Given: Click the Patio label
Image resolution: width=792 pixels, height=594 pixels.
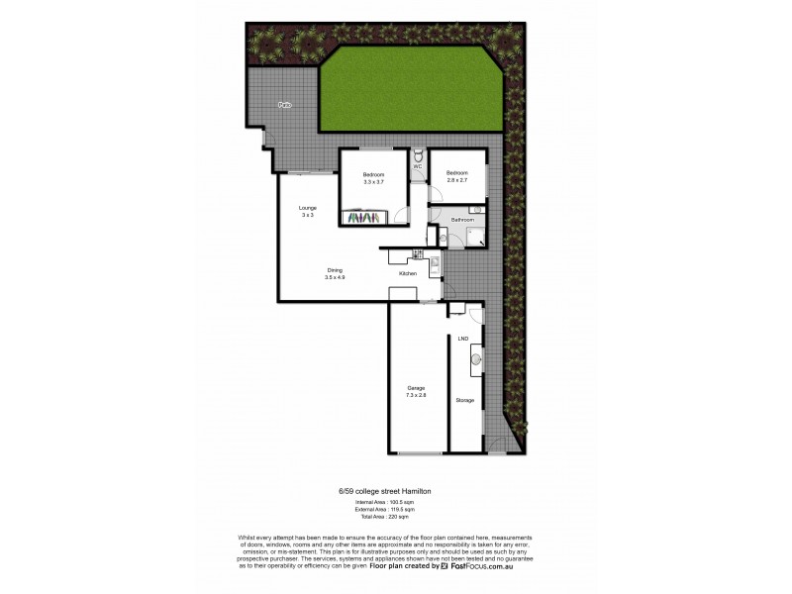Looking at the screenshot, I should [x=284, y=104].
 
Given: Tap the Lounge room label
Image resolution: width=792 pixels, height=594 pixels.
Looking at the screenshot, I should [x=308, y=208].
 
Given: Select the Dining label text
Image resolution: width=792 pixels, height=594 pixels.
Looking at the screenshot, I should [x=336, y=270].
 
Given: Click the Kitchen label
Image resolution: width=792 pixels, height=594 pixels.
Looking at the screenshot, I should [x=407, y=273].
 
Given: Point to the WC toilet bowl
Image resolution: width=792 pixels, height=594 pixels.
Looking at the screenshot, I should [x=419, y=155].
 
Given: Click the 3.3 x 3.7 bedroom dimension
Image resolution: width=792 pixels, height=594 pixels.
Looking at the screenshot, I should [x=372, y=182].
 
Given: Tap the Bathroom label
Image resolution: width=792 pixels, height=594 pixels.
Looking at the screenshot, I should [x=459, y=220].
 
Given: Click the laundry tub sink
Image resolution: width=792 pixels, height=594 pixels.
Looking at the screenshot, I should [x=477, y=360].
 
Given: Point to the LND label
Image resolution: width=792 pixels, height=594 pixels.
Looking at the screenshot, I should [x=462, y=340].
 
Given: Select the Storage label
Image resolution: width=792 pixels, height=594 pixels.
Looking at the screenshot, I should [x=464, y=400].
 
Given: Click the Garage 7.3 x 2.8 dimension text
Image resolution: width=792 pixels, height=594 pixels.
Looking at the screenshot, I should [x=415, y=394].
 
